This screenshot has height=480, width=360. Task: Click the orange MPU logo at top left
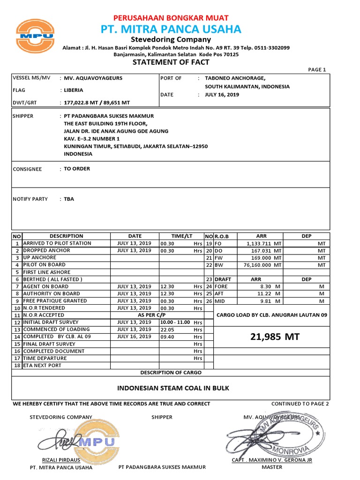tap(35, 36)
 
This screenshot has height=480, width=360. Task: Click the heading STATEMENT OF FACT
tap(171, 62)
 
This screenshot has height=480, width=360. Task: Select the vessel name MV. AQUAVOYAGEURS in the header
tap(93, 78)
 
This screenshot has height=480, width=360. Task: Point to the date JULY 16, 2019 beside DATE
tap(222, 94)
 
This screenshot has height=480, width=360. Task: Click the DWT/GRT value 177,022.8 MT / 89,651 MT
tap(97, 102)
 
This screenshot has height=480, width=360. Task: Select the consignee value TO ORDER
tap(77, 169)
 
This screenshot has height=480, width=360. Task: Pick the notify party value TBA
tap(69, 199)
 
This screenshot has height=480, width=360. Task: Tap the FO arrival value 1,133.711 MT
tap(263, 244)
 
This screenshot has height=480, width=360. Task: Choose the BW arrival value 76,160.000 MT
tap(262, 265)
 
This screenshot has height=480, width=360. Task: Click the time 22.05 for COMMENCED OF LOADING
tap(167, 330)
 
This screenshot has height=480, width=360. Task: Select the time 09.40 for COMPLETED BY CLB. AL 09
tap(167, 337)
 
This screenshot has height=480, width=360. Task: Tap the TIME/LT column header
tap(181, 236)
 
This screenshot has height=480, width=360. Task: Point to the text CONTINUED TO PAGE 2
tap(300, 404)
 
